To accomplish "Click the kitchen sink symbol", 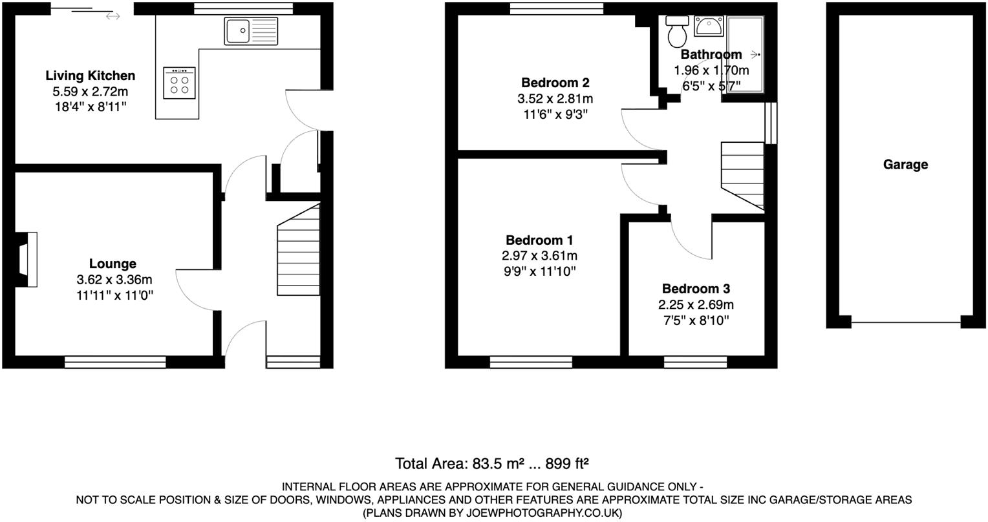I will [251, 31].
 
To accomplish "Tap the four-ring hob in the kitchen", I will [180, 83].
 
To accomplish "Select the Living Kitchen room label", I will [90, 76].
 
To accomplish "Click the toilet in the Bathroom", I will [678, 29].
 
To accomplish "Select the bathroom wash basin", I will [709, 26].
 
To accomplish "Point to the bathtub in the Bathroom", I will [745, 55].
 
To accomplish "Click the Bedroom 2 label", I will [555, 83].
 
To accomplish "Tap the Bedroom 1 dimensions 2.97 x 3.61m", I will [539, 256].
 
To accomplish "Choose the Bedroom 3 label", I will [696, 289].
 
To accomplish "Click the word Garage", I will [905, 165].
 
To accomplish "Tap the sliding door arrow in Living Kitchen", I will [113, 16].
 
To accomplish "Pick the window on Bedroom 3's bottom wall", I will [695, 361].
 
